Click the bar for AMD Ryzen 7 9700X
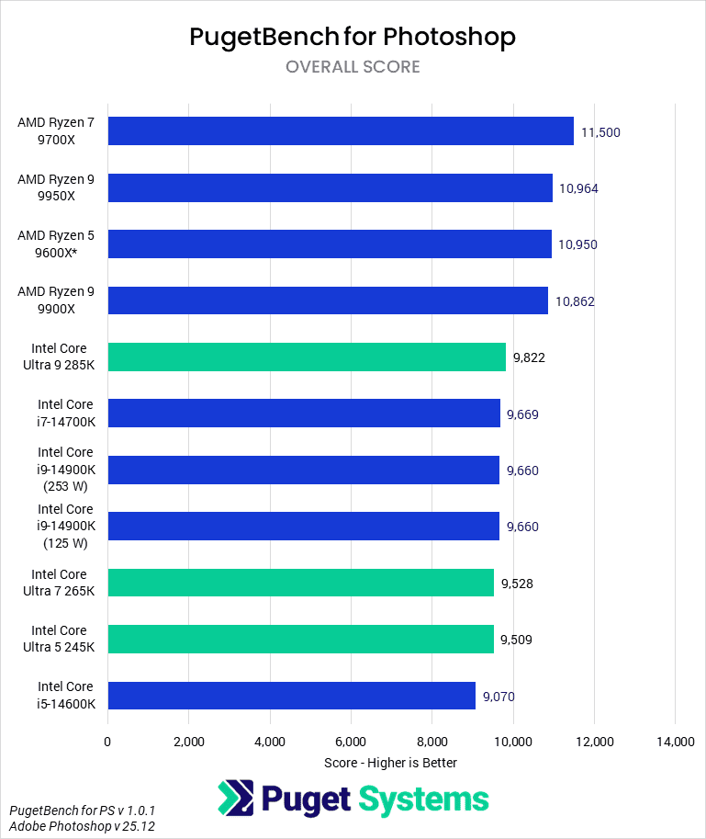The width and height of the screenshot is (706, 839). tap(341, 131)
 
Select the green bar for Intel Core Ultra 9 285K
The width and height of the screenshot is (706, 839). tap(307, 357)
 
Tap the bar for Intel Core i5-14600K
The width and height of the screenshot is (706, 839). tap(291, 696)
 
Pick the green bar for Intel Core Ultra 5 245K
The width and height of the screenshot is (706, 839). tap(300, 639)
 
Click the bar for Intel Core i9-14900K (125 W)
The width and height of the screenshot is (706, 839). tap(303, 527)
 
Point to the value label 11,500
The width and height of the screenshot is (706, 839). tap(601, 132)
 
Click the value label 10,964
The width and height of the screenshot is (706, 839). tap(578, 188)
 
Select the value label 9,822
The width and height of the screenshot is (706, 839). tap(529, 357)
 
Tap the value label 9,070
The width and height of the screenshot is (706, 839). tap(498, 697)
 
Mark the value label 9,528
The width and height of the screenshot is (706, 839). tap(518, 583)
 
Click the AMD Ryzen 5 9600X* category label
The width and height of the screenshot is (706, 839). tap(55, 244)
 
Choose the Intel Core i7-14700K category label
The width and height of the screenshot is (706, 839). tap(65, 413)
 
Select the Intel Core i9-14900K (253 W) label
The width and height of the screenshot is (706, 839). tap(65, 470)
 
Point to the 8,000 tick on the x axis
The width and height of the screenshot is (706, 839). tap(431, 742)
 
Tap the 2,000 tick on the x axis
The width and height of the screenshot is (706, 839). tap(188, 742)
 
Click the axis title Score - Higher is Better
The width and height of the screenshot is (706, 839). tap(390, 763)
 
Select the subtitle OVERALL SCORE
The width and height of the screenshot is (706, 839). tap(353, 67)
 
